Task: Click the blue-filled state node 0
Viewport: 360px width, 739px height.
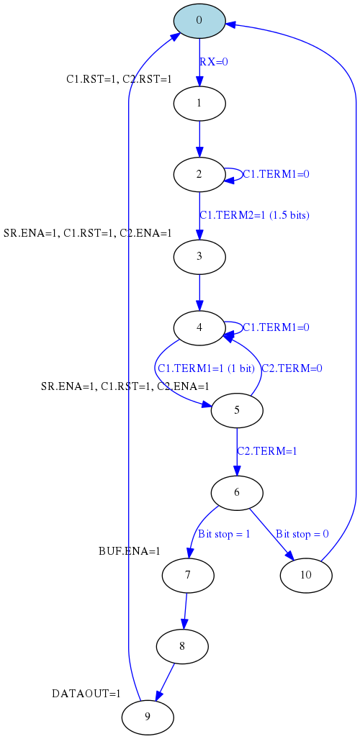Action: pos(199,21)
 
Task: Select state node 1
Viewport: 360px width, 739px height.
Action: pos(199,103)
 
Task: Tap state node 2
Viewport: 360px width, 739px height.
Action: pos(199,174)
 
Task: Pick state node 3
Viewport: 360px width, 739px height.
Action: pos(199,257)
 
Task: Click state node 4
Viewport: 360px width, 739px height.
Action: pos(199,328)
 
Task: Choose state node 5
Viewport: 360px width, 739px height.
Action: pos(236,410)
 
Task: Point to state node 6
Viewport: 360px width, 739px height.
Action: pos(236,493)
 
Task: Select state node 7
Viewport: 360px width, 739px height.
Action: pos(188,576)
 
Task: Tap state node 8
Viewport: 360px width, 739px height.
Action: pos(182,647)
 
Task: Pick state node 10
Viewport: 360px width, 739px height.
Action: pos(306,576)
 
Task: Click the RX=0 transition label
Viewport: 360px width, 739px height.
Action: pos(214,62)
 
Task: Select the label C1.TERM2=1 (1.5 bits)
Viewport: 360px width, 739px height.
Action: pos(254,215)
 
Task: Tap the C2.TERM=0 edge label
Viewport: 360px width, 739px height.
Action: pos(292,368)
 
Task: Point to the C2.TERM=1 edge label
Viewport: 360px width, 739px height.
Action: pos(267,451)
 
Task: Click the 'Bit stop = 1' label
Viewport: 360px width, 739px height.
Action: pos(224,534)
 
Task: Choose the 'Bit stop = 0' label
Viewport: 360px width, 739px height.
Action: pos(302,534)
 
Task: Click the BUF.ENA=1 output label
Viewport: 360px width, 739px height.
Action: pos(130,551)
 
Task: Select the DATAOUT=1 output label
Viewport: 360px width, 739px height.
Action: pos(86,694)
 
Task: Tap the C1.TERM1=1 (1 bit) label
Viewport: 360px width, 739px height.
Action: pos(206,368)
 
